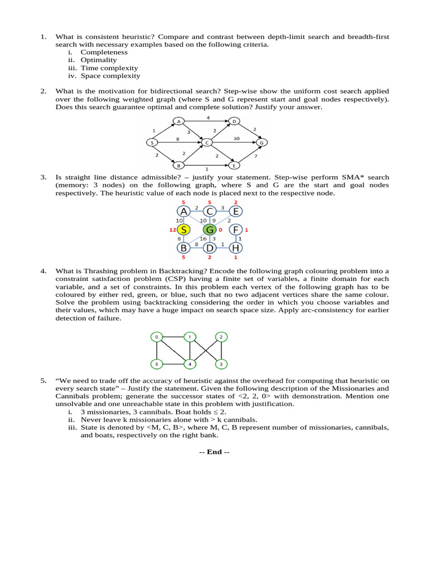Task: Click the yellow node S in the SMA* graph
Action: point(184,229)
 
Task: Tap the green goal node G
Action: point(210,229)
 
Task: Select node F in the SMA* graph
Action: point(236,229)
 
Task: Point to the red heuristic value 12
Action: point(173,230)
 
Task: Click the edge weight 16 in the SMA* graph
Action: point(203,239)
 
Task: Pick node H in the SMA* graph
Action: point(236,248)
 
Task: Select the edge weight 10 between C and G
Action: point(236,138)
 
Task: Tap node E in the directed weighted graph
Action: point(235,166)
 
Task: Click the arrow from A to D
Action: point(206,120)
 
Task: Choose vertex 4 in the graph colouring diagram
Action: point(189,365)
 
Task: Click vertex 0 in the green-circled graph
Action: point(157,337)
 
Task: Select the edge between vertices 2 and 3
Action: point(222,351)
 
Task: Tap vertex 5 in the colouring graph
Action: point(157,365)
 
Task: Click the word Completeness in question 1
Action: point(104,52)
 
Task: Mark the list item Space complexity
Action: point(110,76)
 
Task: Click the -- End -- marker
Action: point(214,452)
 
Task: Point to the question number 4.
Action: point(42,271)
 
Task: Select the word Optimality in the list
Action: point(99,60)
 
